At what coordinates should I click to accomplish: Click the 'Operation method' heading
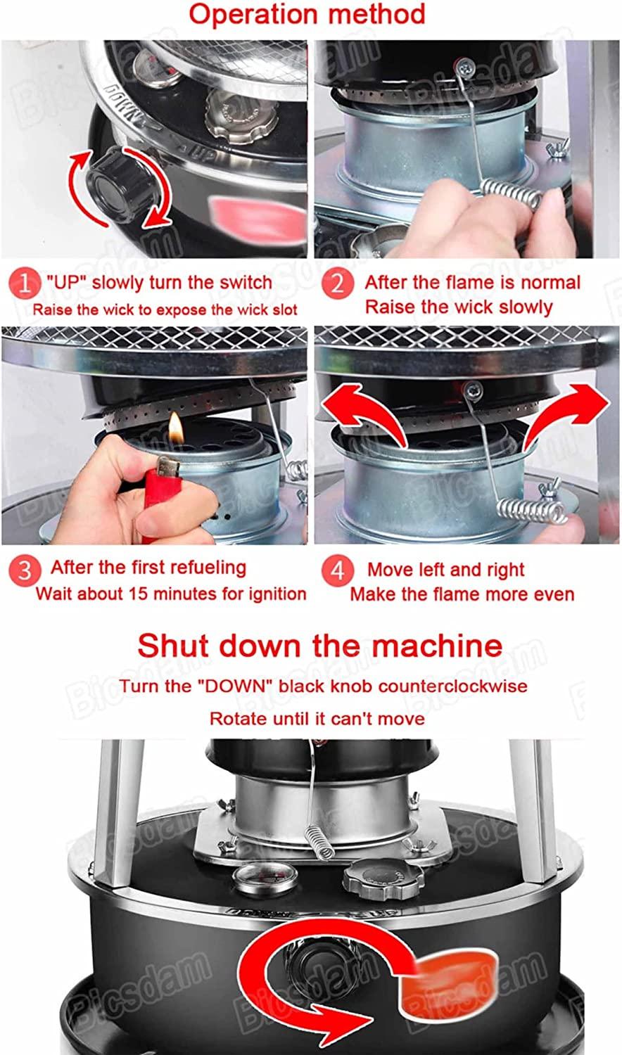(x=307, y=14)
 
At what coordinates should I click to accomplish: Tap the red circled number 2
(x=337, y=284)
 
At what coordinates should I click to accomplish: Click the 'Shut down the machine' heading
(x=319, y=645)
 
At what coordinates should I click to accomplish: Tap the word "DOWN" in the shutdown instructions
(x=238, y=685)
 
